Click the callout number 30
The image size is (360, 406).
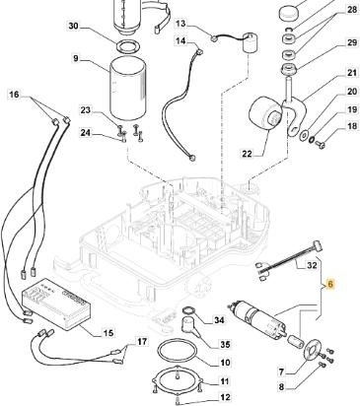click(x=74, y=26)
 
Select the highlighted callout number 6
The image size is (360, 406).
click(x=330, y=285)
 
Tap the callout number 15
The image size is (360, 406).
click(x=108, y=333)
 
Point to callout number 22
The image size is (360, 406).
click(x=248, y=153)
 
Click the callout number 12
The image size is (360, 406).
click(x=225, y=397)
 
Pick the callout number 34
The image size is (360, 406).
click(x=219, y=320)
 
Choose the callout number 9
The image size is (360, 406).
click(x=76, y=58)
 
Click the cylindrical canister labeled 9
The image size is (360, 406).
click(x=127, y=89)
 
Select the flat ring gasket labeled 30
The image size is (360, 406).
click(x=127, y=44)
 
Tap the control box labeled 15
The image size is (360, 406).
click(x=56, y=304)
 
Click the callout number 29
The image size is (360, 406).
click(x=352, y=42)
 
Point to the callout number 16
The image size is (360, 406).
click(x=15, y=95)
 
